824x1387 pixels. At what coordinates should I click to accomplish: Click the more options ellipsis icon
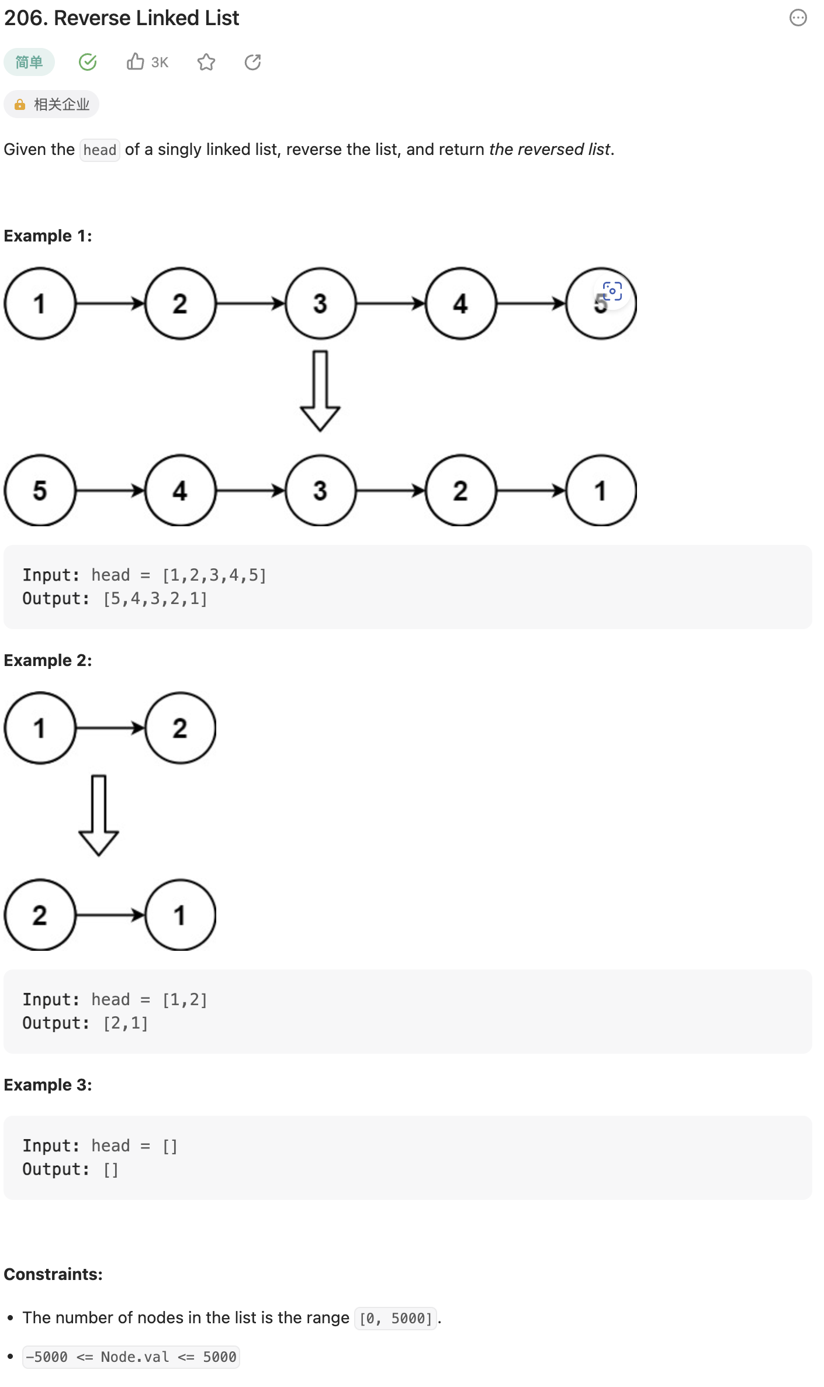pos(798,18)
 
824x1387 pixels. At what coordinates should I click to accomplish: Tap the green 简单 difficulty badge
pos(29,62)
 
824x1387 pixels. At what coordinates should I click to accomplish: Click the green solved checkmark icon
pos(88,62)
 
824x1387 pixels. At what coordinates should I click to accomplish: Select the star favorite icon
pos(206,62)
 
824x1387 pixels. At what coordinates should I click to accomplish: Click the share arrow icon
pos(252,62)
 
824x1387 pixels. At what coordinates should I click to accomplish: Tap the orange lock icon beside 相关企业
pos(20,105)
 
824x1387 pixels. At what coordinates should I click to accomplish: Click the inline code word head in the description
pos(100,150)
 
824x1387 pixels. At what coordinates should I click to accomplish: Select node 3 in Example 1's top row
pos(320,303)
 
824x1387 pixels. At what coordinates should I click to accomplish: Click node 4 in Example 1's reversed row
pos(180,491)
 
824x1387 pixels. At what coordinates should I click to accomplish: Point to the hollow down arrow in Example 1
pos(320,391)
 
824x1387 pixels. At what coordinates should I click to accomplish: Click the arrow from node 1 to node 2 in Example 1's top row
pos(110,303)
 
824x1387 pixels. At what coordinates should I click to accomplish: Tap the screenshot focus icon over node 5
pos(612,291)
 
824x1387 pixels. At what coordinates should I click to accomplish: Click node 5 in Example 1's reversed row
pos(40,491)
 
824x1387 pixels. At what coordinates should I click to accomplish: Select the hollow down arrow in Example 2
pos(99,815)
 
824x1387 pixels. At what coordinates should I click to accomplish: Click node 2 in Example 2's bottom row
pos(40,915)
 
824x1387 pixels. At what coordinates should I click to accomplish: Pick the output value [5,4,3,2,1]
pos(155,599)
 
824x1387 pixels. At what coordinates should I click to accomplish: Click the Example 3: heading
pos(48,1085)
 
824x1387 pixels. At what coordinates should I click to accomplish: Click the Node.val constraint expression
pos(131,1357)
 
